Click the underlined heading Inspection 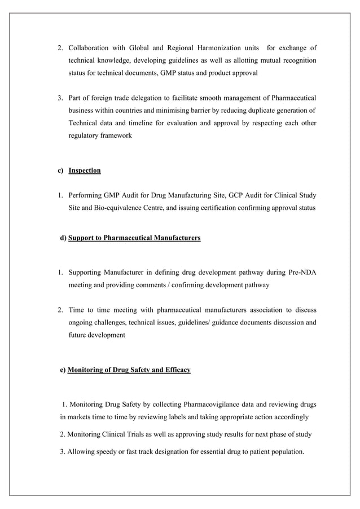pos(85,170)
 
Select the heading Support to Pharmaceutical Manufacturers pos(134,239)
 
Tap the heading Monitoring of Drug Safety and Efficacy pos(129,370)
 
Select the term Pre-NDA pos(302,273)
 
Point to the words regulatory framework pos(100,136)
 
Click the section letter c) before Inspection pos(59,170)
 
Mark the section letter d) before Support pos(63,239)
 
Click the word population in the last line pos(286,451)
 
